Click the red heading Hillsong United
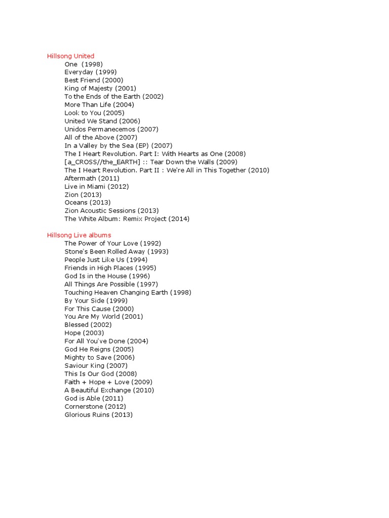pyautogui.click(x=70, y=56)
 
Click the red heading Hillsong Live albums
pyautogui.click(x=79, y=235)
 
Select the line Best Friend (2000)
pyautogui.click(x=94, y=80)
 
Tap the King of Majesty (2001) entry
pyautogui.click(x=100, y=89)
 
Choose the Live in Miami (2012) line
pyautogui.click(x=97, y=187)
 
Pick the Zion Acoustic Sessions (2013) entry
pyautogui.click(x=111, y=211)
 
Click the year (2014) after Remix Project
pyautogui.click(x=179, y=219)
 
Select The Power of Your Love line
pyautogui.click(x=113, y=244)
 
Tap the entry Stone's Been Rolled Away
pyautogui.click(x=116, y=252)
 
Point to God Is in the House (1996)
pyautogui.click(x=107, y=276)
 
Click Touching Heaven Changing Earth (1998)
pyautogui.click(x=128, y=292)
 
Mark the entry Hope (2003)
pyautogui.click(x=84, y=333)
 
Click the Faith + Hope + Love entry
pyautogui.click(x=108, y=382)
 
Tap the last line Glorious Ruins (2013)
pyautogui.click(x=98, y=415)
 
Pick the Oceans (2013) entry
pyautogui.click(x=88, y=203)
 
